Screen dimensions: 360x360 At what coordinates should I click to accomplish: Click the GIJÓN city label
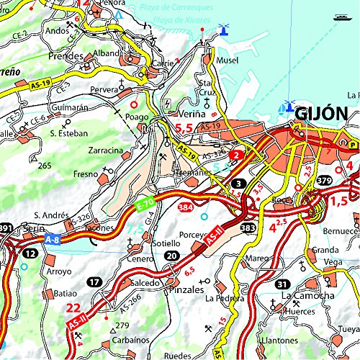[321, 114]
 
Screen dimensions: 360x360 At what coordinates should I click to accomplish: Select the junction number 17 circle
[95, 282]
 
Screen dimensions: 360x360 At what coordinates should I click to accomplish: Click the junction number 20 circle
[171, 256]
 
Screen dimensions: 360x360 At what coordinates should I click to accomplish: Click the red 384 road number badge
[184, 207]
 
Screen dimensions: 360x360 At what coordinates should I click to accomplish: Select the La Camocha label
[307, 296]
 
